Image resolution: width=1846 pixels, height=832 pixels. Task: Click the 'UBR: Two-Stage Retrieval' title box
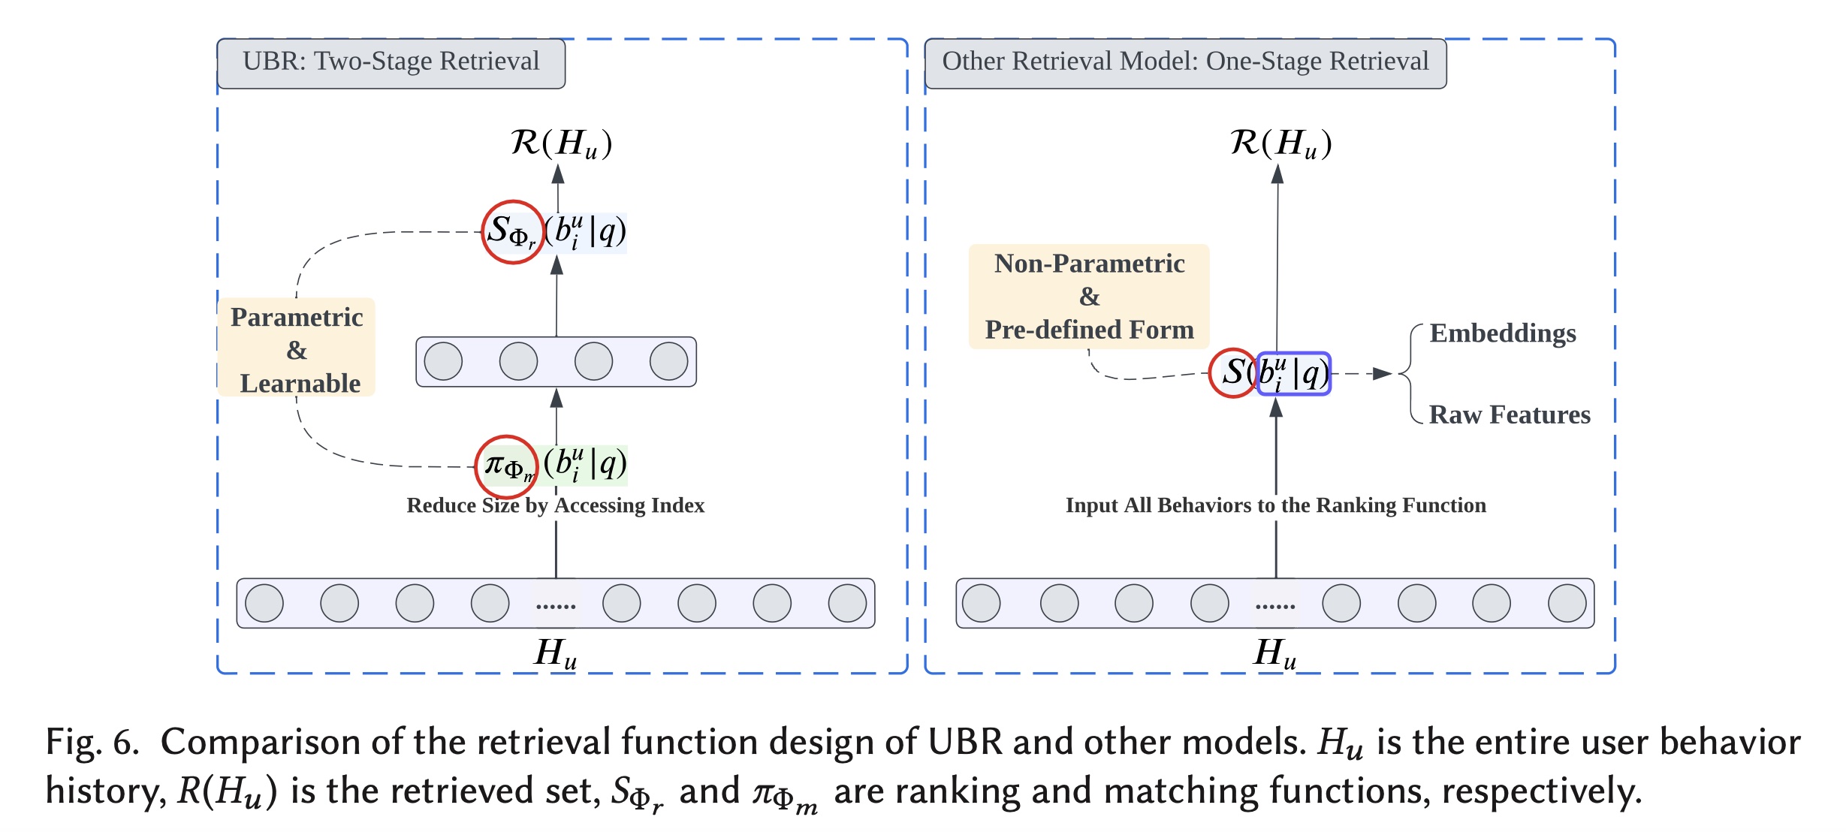[391, 63]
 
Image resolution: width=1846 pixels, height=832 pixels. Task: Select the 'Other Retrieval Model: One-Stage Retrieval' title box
[1185, 63]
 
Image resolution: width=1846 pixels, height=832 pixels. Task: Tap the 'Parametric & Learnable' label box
[297, 348]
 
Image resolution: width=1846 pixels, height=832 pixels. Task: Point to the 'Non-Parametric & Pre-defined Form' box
[1089, 297]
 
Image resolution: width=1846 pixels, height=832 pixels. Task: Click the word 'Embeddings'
[1502, 333]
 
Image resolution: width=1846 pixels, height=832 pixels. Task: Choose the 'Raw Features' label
[1510, 414]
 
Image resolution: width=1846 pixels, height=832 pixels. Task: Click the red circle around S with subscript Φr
[512, 232]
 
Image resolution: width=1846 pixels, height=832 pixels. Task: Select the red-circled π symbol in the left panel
[506, 466]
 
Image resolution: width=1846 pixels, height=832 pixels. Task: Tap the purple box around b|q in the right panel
[1293, 373]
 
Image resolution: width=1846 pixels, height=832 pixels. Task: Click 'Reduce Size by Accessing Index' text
[556, 505]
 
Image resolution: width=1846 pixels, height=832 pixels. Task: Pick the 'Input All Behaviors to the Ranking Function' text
[1275, 505]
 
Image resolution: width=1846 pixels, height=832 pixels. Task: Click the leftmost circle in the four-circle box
[443, 361]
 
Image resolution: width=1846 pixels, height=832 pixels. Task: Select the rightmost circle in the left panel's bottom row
[847, 603]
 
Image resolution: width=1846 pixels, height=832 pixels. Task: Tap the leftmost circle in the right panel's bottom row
[981, 603]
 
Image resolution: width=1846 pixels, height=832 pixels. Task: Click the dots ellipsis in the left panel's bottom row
[556, 605]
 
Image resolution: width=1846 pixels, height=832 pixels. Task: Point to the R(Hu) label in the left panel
[561, 143]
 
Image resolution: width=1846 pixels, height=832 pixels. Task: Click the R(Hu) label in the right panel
[1280, 143]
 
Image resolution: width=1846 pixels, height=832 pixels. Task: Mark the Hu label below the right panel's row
[1275, 653]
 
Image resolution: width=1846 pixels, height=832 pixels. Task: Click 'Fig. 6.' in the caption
[92, 742]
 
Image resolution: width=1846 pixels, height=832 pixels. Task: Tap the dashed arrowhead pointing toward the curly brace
[1382, 373]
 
